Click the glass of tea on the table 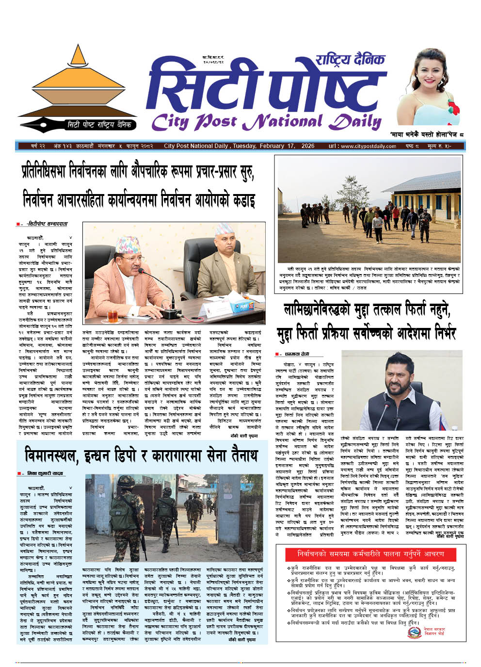[112, 316]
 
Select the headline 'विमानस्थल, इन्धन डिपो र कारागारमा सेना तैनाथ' [141, 456]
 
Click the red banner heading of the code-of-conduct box [366, 553]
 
